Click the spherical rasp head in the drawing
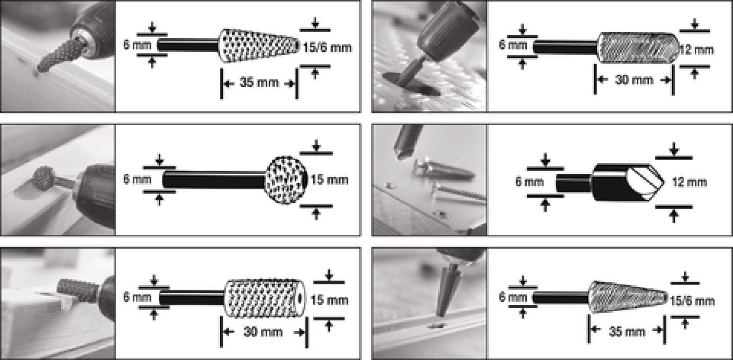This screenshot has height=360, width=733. pyautogui.click(x=286, y=180)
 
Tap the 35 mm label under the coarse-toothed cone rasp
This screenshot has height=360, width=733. pyautogui.click(x=259, y=83)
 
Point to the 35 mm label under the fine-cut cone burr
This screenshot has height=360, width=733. pyautogui.click(x=626, y=332)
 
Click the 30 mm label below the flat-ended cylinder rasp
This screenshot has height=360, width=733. pyautogui.click(x=263, y=332)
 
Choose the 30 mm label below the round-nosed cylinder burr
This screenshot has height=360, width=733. pyautogui.click(x=634, y=80)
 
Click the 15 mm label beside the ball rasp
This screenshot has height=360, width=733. pyautogui.click(x=329, y=180)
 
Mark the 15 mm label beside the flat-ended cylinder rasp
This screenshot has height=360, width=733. pyautogui.click(x=329, y=300)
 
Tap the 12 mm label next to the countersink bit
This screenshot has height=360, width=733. pyautogui.click(x=690, y=182)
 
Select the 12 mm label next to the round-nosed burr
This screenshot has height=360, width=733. pyautogui.click(x=697, y=50)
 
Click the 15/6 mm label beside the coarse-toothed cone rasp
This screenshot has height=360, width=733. pyautogui.click(x=327, y=48)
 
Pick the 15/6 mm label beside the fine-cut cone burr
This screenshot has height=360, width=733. pyautogui.click(x=692, y=301)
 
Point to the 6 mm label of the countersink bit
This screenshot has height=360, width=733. pyautogui.click(x=529, y=182)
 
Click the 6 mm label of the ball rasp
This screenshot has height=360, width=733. pyautogui.click(x=137, y=179)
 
